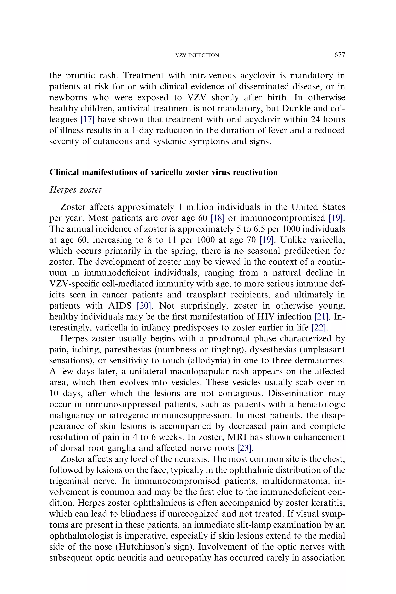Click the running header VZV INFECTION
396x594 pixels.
point(197,55)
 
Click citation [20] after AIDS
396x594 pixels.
point(144,306)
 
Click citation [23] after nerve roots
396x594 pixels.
point(244,448)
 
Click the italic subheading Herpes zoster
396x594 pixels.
point(76,190)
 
